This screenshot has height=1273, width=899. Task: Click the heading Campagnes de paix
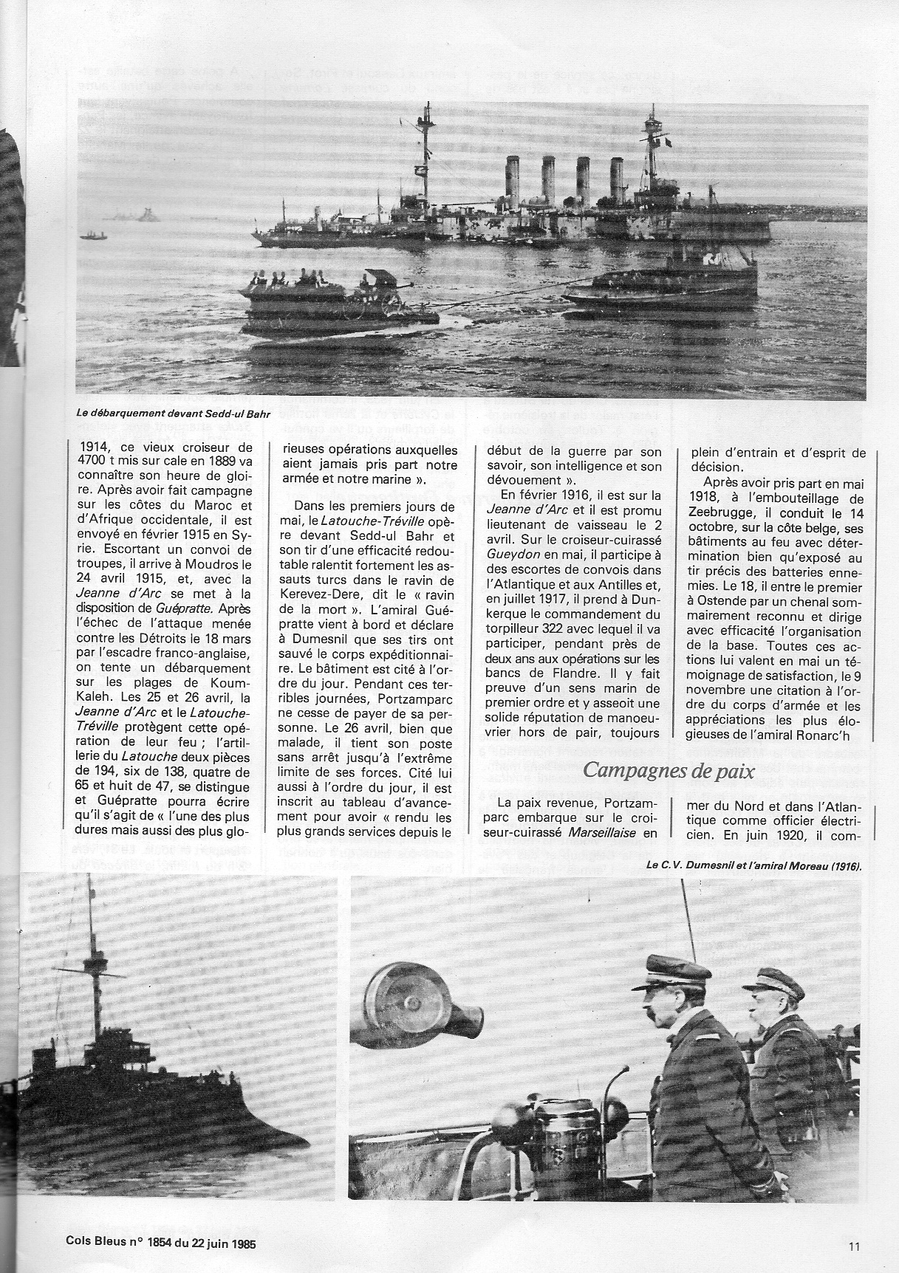[x=668, y=771]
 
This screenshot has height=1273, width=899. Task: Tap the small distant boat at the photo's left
[x=94, y=236]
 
